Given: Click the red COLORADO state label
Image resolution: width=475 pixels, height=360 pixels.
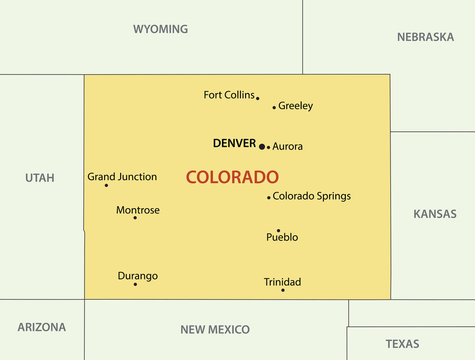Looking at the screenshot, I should (232, 177).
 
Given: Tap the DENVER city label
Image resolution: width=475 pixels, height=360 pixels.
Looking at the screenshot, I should (235, 143).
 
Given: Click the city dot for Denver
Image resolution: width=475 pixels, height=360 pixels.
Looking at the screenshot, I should (262, 146).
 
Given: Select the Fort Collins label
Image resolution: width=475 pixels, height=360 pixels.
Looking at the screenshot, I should (229, 95).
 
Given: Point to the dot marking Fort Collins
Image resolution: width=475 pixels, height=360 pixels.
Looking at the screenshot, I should (257, 98).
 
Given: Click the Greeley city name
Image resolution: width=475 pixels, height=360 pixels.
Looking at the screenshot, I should (295, 105).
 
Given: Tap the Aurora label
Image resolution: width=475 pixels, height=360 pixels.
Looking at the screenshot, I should (287, 146).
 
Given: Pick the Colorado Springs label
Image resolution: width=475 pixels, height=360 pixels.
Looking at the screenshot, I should (312, 196).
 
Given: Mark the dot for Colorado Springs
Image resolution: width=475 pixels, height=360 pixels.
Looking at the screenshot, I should (269, 197).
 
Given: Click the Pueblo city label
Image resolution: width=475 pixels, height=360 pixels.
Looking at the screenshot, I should (282, 238).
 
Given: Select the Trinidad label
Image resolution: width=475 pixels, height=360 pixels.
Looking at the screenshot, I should (282, 282).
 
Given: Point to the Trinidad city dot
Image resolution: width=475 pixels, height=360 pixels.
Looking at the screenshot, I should (283, 290).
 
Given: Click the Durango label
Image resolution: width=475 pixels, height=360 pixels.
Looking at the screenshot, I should (137, 276).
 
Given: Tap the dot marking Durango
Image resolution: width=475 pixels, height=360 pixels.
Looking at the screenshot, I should (135, 284).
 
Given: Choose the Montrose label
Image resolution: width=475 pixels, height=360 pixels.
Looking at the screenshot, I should (138, 210).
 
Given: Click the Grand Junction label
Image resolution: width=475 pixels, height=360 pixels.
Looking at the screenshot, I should (122, 177).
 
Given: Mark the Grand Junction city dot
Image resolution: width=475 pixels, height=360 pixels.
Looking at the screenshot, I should (106, 185).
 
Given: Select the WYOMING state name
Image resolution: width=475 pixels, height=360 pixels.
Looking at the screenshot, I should (160, 29).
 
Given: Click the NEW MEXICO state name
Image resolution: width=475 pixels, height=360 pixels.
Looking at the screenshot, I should (215, 329).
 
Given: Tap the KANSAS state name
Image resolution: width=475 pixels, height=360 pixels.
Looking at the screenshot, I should (435, 214).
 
